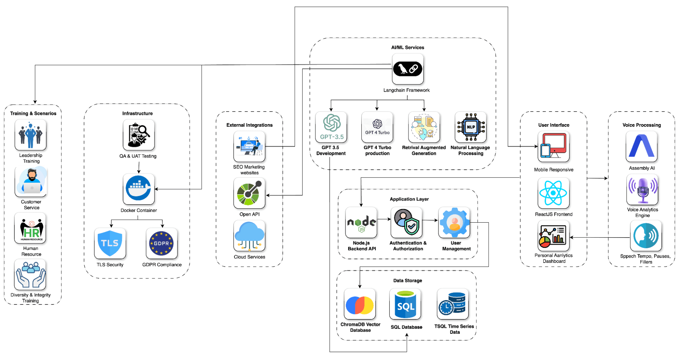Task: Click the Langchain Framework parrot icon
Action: tap(407, 69)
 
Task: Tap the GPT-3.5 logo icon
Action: tap(331, 127)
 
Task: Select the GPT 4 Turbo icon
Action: tap(377, 127)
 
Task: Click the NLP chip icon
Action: tap(471, 127)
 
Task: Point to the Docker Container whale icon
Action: tap(139, 189)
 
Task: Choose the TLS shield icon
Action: tap(110, 243)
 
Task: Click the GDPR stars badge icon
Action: tap(161, 243)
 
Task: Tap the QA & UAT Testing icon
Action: tap(139, 135)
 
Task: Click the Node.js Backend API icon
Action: tap(361, 223)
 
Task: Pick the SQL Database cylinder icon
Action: tap(405, 304)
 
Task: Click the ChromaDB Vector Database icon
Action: tap(360, 304)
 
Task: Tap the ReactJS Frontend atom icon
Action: tap(553, 193)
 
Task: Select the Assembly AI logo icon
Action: tap(641, 147)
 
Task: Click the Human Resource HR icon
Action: tap(31, 228)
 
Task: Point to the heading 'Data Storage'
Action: tap(407, 281)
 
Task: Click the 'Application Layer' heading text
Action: tap(409, 199)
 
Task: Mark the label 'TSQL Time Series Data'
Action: tap(454, 329)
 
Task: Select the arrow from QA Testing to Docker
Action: tap(139, 167)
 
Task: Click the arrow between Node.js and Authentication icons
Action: tap(384, 219)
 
